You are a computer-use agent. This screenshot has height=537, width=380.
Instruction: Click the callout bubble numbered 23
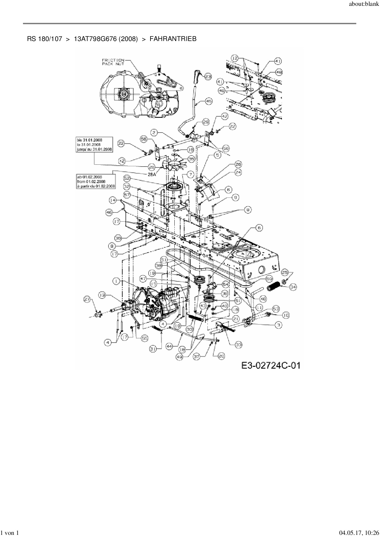(208, 77)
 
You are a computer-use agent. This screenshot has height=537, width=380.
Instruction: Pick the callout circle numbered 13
(103, 295)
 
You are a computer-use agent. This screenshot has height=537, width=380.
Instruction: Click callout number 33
(238, 345)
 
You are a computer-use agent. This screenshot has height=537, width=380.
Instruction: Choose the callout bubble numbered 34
(293, 287)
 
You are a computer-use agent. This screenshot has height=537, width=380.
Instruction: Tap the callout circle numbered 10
(286, 315)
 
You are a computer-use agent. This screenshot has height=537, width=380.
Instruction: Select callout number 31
(154, 348)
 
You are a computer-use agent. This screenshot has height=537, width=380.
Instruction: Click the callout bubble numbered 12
(235, 58)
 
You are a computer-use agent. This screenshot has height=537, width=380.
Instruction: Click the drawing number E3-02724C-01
(271, 365)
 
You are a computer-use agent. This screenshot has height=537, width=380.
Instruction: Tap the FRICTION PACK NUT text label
(113, 62)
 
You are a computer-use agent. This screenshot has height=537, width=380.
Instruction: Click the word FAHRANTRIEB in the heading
(173, 39)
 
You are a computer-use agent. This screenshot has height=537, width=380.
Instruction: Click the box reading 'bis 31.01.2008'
(94, 145)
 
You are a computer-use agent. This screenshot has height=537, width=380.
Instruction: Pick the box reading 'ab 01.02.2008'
(96, 181)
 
